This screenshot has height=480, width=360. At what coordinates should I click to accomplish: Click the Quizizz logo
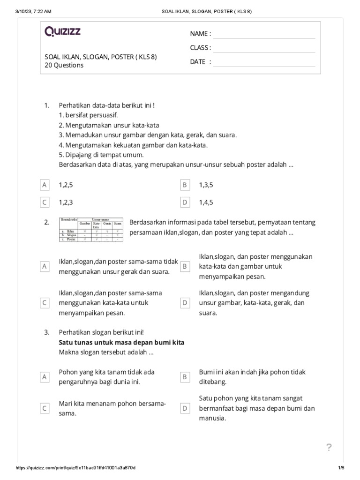pyautogui.click(x=62, y=32)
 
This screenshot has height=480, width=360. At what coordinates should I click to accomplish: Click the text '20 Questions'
pyautogui.click(x=64, y=66)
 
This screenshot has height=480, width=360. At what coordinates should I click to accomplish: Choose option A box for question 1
pyautogui.click(x=45, y=185)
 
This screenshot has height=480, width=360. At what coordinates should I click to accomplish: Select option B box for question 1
pyautogui.click(x=185, y=185)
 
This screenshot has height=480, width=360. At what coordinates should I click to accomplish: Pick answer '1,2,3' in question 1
pyautogui.click(x=66, y=202)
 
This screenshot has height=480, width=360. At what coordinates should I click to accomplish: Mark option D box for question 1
pyautogui.click(x=185, y=202)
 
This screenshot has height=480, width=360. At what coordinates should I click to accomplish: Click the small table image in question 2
pyautogui.click(x=91, y=230)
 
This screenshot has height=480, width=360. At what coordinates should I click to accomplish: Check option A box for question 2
pyautogui.click(x=45, y=266)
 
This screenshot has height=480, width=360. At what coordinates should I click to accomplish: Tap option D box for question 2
pyautogui.click(x=185, y=303)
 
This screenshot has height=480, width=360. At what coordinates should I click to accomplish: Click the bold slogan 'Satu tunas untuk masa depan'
pyautogui.click(x=121, y=342)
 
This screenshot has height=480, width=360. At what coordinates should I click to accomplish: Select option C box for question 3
pyautogui.click(x=45, y=408)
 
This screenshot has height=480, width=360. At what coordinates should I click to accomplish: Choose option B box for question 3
pyautogui.click(x=185, y=376)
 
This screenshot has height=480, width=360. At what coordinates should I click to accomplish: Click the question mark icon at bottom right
pyautogui.click(x=329, y=448)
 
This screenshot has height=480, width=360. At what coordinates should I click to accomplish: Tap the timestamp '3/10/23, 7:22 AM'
pyautogui.click(x=33, y=11)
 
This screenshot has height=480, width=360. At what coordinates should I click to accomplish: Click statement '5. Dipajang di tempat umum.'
pyautogui.click(x=101, y=155)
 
